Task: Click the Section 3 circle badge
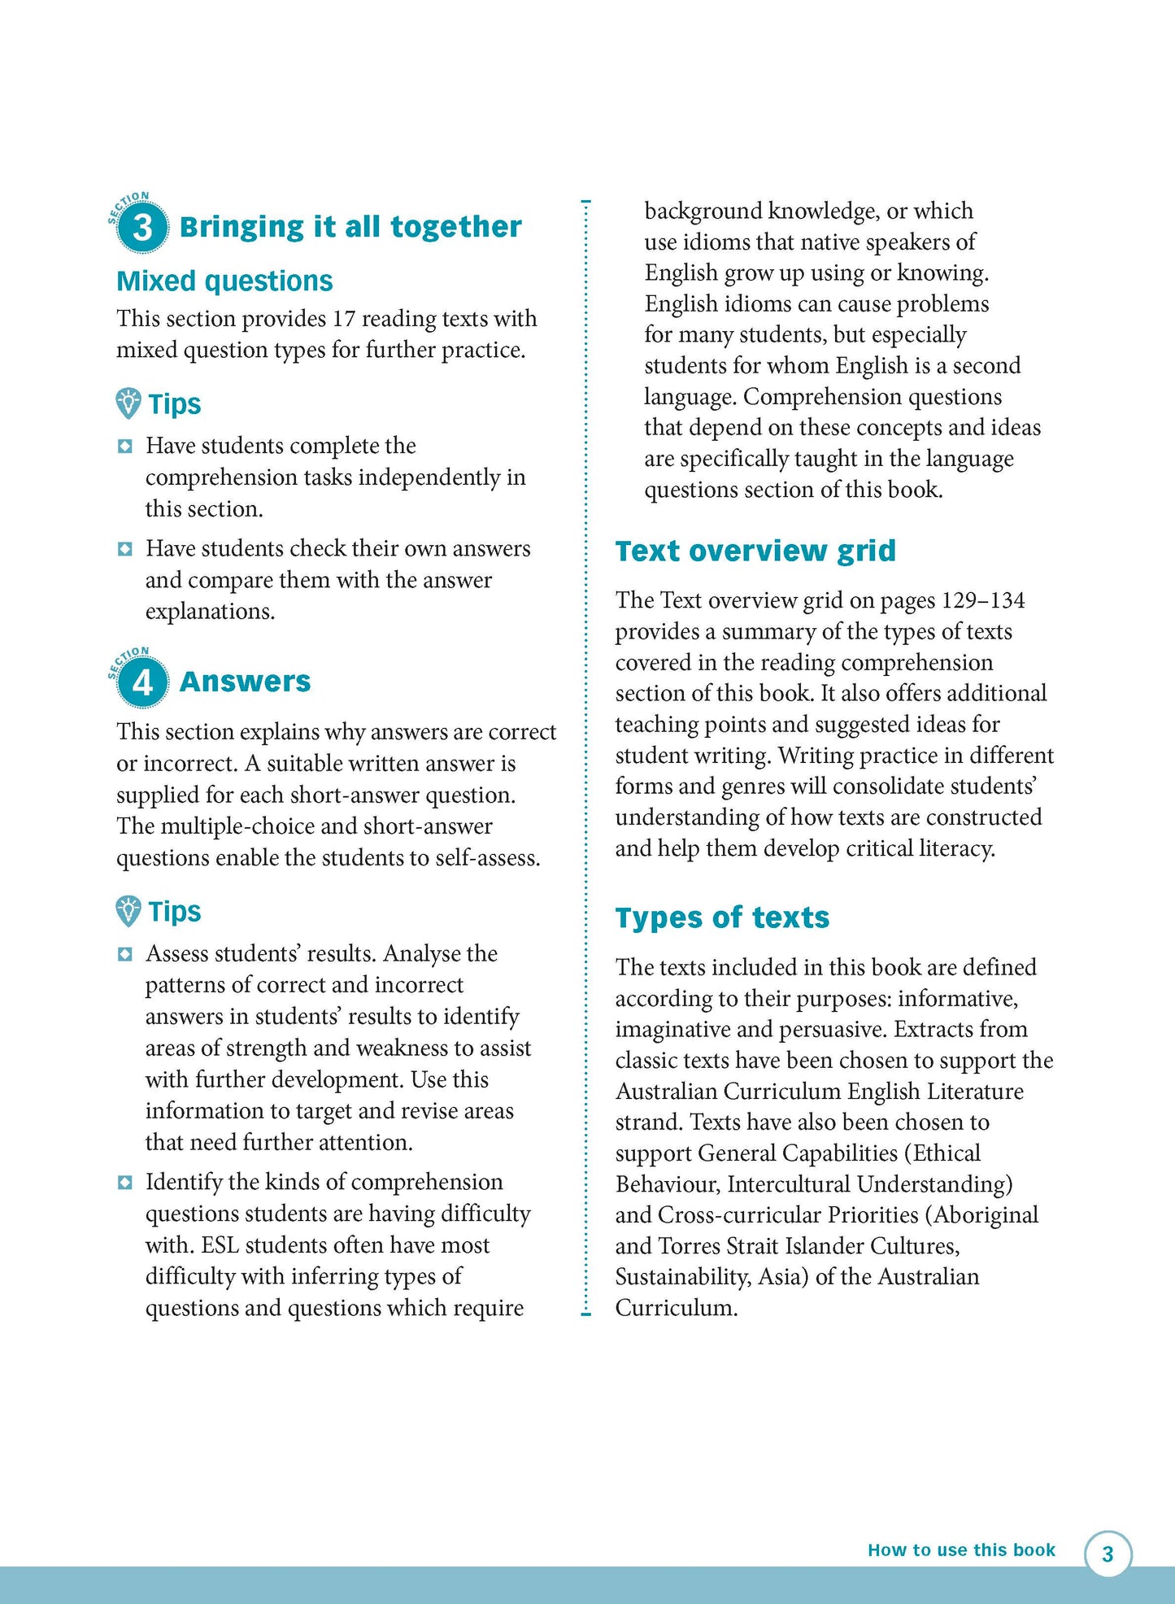click(142, 227)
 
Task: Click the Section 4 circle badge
click(142, 682)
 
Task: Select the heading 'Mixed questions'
click(224, 281)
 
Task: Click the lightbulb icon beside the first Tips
click(128, 403)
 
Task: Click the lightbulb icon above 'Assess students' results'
click(128, 911)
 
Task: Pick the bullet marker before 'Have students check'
click(124, 550)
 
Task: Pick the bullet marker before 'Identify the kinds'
click(124, 1183)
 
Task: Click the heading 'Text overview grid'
click(755, 551)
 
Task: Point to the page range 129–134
click(983, 601)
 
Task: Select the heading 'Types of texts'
click(721, 918)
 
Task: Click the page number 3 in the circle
click(1108, 1554)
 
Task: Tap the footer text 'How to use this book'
click(960, 1550)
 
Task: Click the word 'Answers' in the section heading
click(245, 682)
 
